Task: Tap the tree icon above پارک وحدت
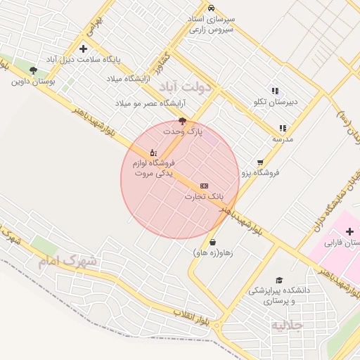(183, 121)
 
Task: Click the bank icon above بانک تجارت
(204, 185)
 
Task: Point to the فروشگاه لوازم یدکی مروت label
(153, 167)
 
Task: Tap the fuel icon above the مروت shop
(153, 153)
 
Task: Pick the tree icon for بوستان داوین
(33, 70)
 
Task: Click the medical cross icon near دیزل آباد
(84, 49)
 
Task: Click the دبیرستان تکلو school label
(276, 102)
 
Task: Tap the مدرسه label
(282, 139)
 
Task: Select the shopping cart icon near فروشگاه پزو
(260, 162)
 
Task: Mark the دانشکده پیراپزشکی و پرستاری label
(273, 296)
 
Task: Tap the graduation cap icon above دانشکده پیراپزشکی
(279, 280)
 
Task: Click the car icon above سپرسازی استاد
(212, 6)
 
